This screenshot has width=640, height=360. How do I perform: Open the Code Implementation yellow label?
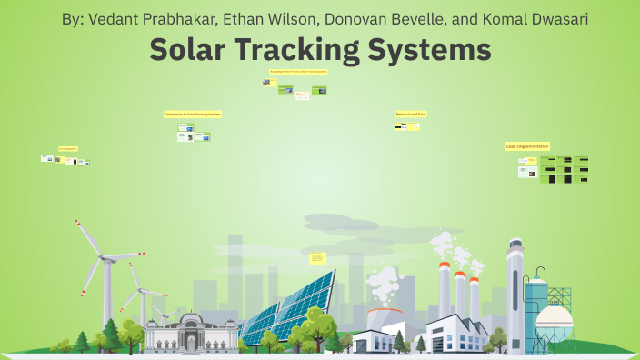pos(527,145)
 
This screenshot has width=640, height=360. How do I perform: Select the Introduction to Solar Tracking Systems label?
pos(193,115)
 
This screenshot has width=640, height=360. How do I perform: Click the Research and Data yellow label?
pos(411,114)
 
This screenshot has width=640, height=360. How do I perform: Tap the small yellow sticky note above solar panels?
pos(317,259)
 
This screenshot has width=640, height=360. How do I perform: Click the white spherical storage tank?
pos(554,320)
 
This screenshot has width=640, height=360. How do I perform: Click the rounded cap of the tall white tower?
pos(515,245)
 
